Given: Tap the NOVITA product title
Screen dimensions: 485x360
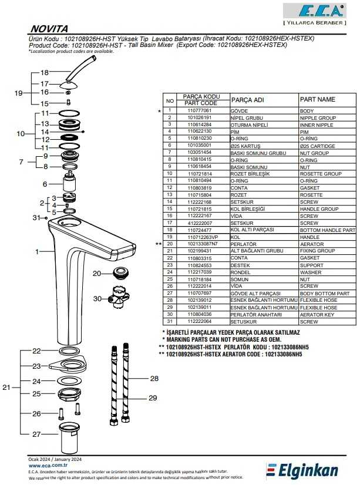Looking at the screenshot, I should click(49, 28).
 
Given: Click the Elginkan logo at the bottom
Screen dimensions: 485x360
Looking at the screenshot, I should click(311, 470).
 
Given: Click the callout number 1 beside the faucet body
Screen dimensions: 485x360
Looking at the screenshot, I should click(36, 251).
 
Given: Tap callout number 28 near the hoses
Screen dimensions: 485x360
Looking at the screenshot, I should click(154, 379).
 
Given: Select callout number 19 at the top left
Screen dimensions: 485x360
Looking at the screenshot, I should click(18, 93).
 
